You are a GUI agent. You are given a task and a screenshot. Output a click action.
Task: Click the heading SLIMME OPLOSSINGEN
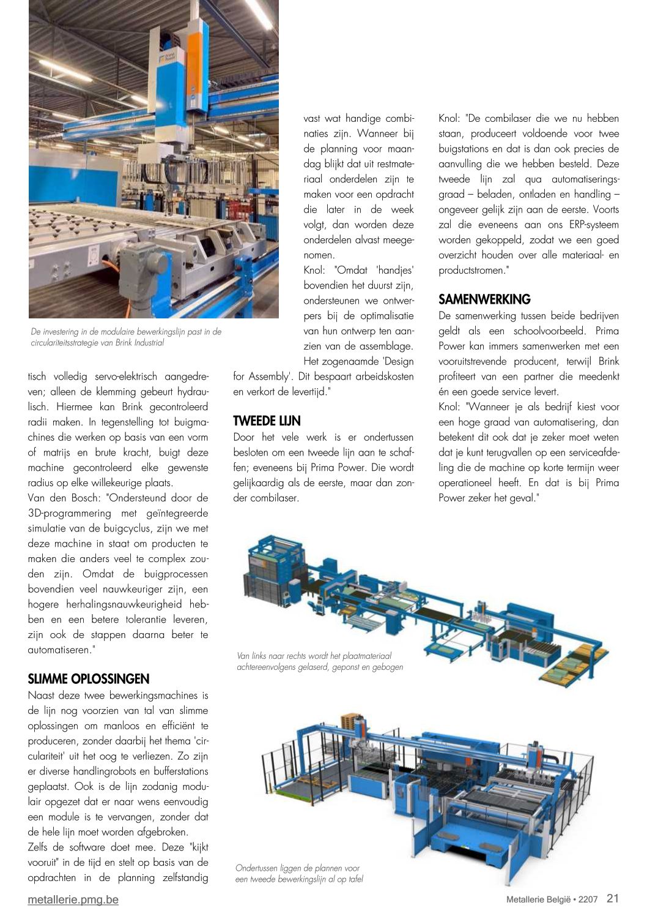click(89, 679)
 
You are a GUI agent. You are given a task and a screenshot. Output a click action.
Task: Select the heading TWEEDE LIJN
click(267, 421)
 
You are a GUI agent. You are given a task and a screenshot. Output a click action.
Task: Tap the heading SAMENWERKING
click(484, 300)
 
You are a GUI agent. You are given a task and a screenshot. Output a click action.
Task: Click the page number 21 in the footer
click(612, 898)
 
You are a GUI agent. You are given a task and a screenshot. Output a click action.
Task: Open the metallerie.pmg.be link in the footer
click(73, 899)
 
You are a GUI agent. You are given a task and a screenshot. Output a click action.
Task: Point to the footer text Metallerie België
click(538, 899)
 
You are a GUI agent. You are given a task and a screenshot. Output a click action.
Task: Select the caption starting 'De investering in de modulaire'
click(126, 337)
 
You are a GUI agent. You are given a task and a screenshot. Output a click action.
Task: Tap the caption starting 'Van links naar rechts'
click(319, 661)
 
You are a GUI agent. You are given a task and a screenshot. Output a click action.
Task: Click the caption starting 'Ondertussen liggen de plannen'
click(299, 874)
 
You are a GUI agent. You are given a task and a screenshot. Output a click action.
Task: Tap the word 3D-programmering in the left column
click(70, 513)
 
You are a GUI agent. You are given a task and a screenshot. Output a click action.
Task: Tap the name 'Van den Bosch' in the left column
click(65, 498)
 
